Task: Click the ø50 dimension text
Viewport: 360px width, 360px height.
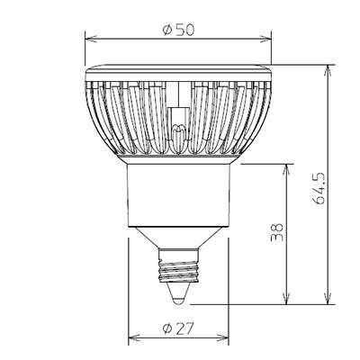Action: click(180, 28)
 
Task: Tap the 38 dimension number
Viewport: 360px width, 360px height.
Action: click(276, 233)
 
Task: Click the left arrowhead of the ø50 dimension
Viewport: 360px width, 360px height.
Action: click(89, 38)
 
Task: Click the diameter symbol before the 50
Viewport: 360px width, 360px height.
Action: click(167, 28)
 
